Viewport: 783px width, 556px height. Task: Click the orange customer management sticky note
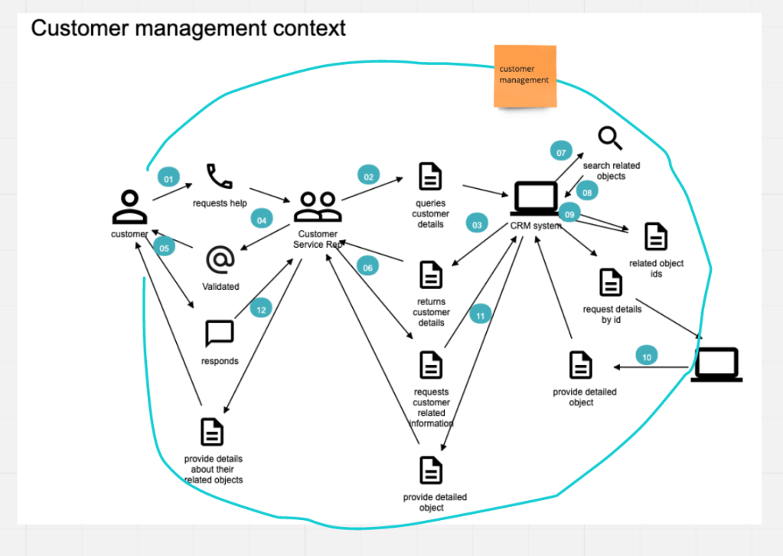coord(524,76)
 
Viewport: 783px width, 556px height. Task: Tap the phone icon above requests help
coord(220,177)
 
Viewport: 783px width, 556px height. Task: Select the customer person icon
coord(129,206)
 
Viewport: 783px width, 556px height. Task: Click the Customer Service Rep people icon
coord(318,206)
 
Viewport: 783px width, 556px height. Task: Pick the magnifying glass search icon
coord(610,139)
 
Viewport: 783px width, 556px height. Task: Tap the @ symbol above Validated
coord(220,259)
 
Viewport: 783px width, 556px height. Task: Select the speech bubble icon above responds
coord(220,334)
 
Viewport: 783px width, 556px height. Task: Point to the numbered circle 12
coord(261,310)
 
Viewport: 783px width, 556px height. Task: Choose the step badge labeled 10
coord(647,356)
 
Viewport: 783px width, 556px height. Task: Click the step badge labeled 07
coord(561,152)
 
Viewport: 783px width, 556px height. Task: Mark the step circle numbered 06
coord(367,268)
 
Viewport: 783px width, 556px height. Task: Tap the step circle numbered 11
coord(480,314)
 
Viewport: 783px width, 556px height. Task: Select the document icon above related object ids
coord(656,237)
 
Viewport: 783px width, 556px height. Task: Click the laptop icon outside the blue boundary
coord(716,364)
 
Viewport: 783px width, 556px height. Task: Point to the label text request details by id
coord(612,314)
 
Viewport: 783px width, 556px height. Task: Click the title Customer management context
coord(188,29)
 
